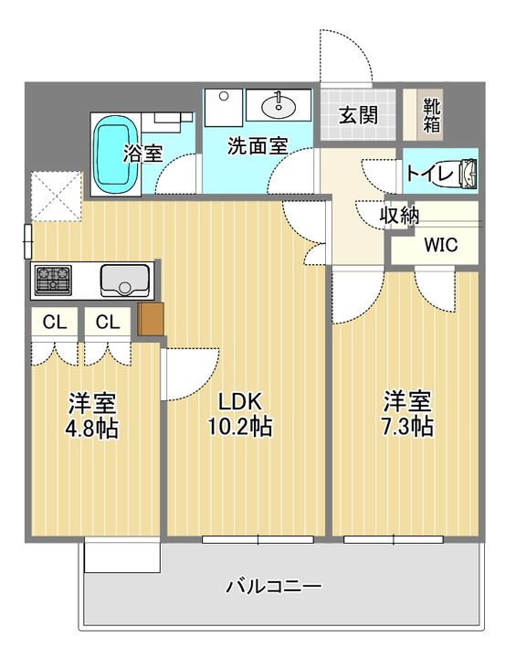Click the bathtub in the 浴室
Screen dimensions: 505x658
116,154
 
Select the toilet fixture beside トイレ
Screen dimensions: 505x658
468,172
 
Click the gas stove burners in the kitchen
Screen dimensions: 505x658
53,280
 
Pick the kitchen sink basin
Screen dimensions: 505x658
124,280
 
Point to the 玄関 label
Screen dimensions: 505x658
358,115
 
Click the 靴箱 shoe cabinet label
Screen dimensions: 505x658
431,115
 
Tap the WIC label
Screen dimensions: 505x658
441,245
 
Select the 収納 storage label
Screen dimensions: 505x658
399,216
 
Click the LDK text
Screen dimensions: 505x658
240,401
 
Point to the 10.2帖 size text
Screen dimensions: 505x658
239,427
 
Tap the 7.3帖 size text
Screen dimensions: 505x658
407,427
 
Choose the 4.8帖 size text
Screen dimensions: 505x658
92,429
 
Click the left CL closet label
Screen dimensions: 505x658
55,323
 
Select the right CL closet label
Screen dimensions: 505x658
108,323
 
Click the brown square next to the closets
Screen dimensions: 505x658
151,319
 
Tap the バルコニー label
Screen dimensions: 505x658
274,586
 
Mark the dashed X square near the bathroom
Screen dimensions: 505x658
57,196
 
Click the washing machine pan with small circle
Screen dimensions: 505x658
224,108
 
